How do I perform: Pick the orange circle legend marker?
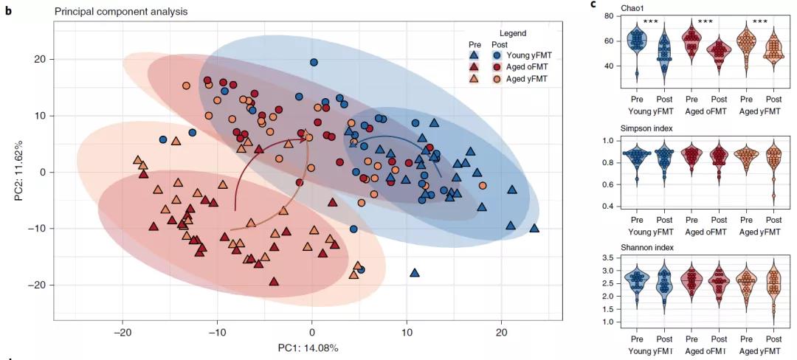pos(498,78)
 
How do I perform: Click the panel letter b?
pos(8,12)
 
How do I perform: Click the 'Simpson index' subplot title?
pos(626,128)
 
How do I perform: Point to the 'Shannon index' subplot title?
pos(627,246)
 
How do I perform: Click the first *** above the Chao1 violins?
pos(650,22)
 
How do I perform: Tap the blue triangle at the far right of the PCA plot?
pos(534,229)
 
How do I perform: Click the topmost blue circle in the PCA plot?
pos(314,63)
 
